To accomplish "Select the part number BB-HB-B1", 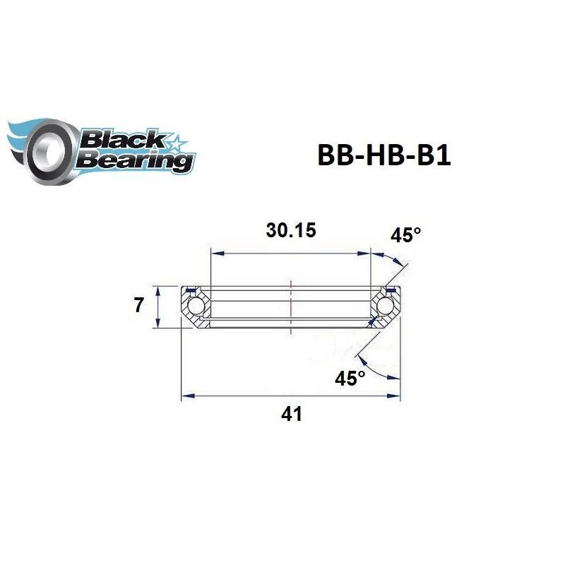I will pyautogui.click(x=383, y=156).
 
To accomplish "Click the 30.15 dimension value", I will pyautogui.click(x=290, y=230).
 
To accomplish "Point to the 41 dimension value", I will pyautogui.click(x=291, y=414).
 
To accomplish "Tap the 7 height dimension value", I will pyautogui.click(x=138, y=306).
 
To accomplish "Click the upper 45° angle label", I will pyautogui.click(x=405, y=235).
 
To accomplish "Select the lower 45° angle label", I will pyautogui.click(x=350, y=379).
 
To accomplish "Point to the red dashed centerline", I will pyautogui.click(x=290, y=304).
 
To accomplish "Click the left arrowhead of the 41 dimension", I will pyautogui.click(x=186, y=397).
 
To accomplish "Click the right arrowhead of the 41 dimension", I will pyautogui.click(x=398, y=397).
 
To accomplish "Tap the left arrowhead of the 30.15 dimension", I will pyautogui.click(x=215, y=251).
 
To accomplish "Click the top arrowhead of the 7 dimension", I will pyautogui.click(x=158, y=290).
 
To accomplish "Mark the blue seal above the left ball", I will pyautogui.click(x=189, y=290).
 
